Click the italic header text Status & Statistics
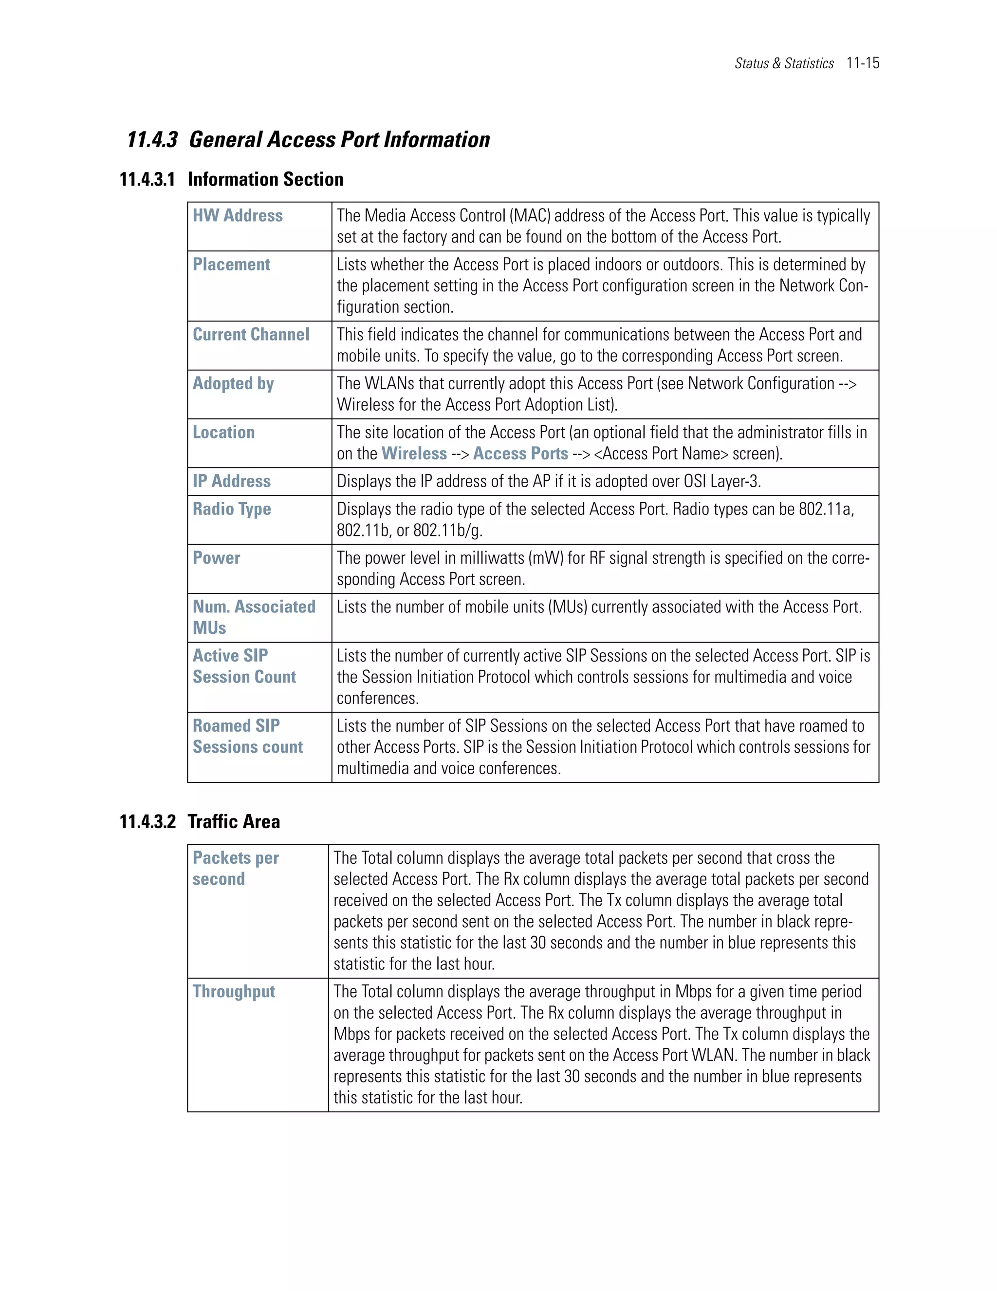coord(784,63)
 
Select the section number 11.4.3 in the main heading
coord(152,140)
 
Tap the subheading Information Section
coord(265,180)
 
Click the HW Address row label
coord(238,216)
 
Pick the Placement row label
coord(231,265)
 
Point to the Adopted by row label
coord(233,383)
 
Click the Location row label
coord(223,433)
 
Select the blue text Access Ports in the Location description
coord(520,454)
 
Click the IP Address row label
coord(232,482)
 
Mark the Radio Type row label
coord(232,510)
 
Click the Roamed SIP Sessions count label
coord(247,737)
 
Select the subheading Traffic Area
coord(233,822)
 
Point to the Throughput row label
coord(233,992)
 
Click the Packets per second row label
coord(235,868)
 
